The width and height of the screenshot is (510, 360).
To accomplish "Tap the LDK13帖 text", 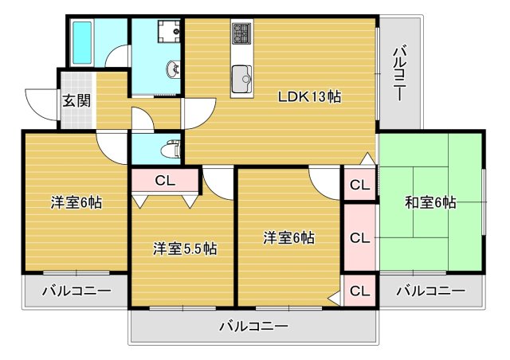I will [x=309, y=97].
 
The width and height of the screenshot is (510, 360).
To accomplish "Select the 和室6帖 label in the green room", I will [x=430, y=202].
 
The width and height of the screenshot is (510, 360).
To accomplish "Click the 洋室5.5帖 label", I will [x=185, y=248].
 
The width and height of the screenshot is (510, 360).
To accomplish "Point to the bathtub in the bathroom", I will [x=83, y=43].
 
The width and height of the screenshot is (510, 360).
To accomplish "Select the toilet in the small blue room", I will [x=170, y=148].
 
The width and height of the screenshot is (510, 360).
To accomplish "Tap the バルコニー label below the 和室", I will [x=430, y=292].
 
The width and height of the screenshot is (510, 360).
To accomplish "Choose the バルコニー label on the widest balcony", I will [x=253, y=326].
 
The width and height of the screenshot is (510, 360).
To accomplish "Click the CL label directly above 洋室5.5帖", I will [x=165, y=181].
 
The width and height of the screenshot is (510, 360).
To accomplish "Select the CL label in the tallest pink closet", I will [x=359, y=237].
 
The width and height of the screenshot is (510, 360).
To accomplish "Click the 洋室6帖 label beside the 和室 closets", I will [x=289, y=237].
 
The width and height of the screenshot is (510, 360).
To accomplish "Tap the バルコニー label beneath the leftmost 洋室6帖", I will [x=76, y=292].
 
